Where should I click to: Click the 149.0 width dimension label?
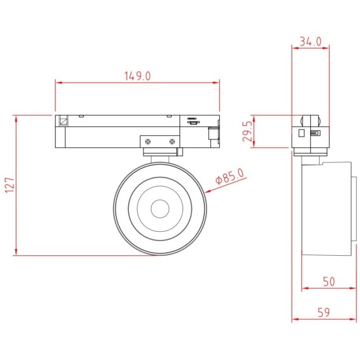point(138,76)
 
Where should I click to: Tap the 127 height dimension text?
point(9,186)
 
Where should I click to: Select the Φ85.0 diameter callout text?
point(230,176)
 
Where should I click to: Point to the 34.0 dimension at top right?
point(310,41)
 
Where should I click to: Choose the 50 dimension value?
point(328,282)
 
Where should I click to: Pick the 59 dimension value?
point(324,313)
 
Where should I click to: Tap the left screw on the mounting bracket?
point(148,141)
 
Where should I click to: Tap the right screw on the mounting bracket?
point(171,141)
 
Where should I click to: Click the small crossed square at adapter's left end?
point(63,121)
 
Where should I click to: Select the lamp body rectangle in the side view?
point(328,208)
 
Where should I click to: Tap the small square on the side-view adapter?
point(303,133)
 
